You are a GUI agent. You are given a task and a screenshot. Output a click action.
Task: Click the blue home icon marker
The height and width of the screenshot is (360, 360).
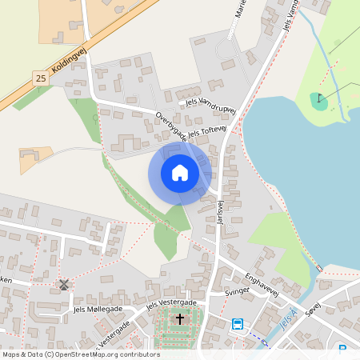(180, 173)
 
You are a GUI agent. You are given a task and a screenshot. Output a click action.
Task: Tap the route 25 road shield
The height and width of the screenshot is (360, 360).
(41, 78)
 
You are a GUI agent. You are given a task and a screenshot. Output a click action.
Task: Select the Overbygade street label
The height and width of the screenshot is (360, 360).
(171, 127)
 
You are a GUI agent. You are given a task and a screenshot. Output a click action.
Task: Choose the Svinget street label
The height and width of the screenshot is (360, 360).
(238, 292)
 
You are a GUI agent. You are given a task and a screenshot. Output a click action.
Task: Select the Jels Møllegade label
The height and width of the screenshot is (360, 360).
(97, 309)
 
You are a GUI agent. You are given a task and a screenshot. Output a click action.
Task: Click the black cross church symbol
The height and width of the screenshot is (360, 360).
(179, 319)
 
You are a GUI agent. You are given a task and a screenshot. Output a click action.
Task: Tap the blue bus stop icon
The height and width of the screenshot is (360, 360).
(238, 324)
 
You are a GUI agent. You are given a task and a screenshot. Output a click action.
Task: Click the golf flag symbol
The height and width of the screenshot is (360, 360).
(319, 99)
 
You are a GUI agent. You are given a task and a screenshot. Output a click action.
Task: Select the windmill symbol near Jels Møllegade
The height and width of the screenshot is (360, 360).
(64, 285)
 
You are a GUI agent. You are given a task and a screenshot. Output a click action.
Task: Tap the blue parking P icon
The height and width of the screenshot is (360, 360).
(342, 350)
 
